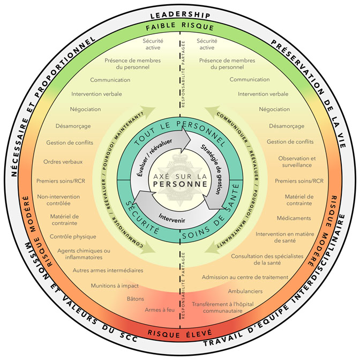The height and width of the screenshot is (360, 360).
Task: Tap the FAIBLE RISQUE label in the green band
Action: pos(179,27)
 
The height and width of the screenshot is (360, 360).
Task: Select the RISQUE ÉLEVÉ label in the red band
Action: pos(179,332)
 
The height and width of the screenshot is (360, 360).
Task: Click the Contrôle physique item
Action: pos(73,236)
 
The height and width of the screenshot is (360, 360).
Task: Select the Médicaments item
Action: pos(294,218)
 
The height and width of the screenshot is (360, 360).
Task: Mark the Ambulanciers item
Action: pos(246,291)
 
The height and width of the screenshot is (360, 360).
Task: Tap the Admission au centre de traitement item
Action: pos(245,277)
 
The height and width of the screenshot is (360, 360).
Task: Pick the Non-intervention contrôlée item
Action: pos(58,200)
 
